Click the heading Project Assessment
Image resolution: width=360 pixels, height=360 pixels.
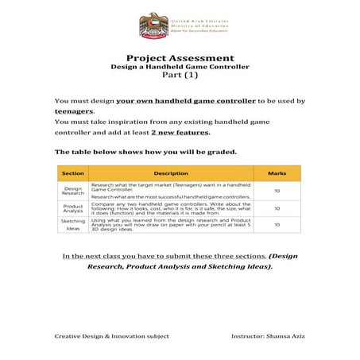click(180, 58)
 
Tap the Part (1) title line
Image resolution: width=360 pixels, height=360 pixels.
click(180, 77)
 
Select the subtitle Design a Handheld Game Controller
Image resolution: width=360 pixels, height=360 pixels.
click(180, 68)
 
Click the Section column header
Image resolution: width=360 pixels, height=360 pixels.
click(73, 173)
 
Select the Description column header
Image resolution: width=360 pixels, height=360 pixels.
click(171, 173)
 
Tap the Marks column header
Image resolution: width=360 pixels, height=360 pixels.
click(277, 173)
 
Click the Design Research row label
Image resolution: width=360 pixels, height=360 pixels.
click(73, 191)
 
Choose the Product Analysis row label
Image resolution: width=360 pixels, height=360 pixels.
click(73, 208)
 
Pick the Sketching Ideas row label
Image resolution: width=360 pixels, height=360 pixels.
click(73, 225)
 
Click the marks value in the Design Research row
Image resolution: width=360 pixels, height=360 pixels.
click(277, 191)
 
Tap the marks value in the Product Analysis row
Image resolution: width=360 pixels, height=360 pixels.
click(277, 208)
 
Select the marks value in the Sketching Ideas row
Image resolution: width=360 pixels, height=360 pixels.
click(277, 225)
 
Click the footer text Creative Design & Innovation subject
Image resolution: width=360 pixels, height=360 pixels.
click(112, 336)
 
